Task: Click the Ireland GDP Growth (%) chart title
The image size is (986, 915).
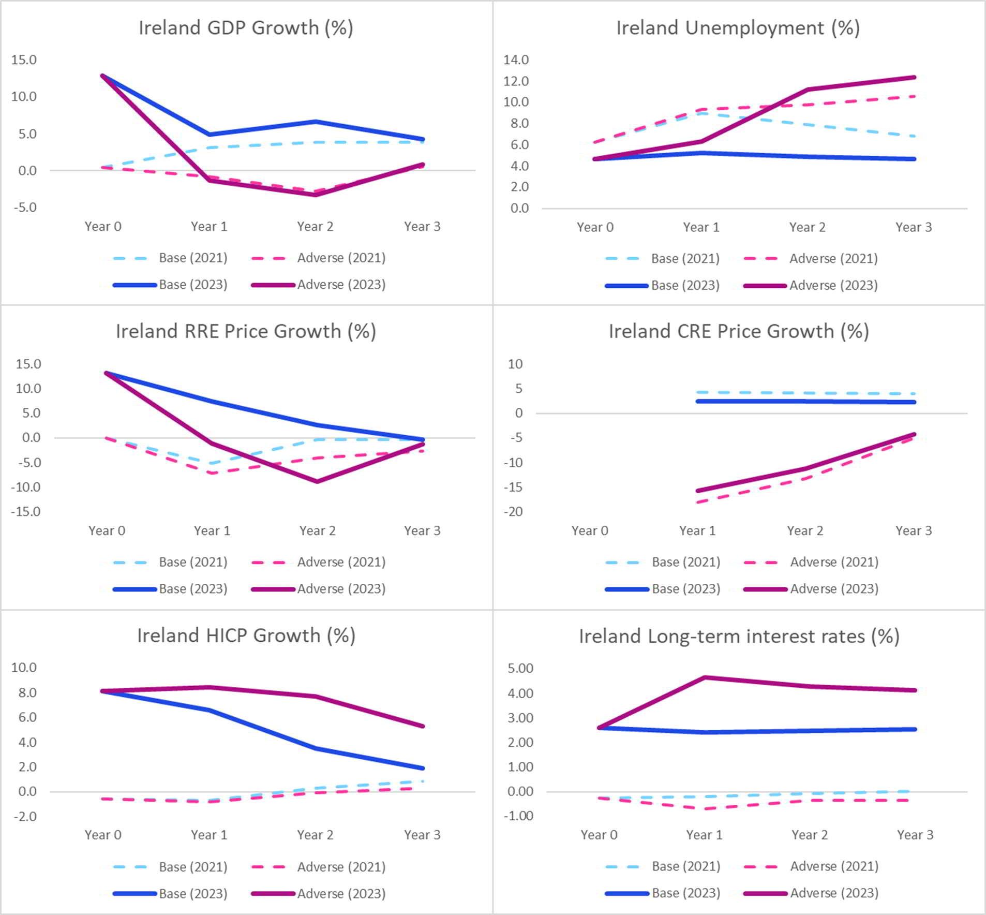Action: tap(246, 28)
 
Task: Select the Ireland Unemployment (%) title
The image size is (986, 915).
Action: tap(738, 28)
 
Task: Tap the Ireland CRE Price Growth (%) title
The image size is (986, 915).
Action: tap(738, 332)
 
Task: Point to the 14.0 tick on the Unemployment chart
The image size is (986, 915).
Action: tap(516, 60)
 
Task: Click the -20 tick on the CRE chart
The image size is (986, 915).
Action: tap(515, 512)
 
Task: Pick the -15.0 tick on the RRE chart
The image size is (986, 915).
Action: tap(28, 512)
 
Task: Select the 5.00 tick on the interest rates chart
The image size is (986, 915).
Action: tap(520, 668)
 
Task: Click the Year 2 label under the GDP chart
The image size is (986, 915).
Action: tap(315, 227)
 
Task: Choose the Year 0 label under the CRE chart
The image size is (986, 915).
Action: tap(590, 531)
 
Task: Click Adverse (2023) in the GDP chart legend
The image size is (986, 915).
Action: tap(341, 285)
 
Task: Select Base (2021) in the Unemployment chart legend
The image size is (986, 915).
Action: tap(685, 259)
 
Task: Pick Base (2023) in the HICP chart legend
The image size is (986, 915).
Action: tap(193, 894)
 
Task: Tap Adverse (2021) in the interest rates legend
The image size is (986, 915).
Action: tap(834, 866)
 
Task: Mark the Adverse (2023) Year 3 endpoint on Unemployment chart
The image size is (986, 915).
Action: tap(914, 78)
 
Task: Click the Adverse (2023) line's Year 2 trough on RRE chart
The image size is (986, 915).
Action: tap(317, 481)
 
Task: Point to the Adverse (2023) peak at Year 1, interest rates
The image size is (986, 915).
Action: tap(705, 677)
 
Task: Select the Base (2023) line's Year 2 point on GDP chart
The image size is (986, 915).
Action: tap(315, 122)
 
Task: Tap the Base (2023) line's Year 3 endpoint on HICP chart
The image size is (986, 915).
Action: tap(423, 769)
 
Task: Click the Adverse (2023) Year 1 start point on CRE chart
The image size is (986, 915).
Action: tap(698, 491)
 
